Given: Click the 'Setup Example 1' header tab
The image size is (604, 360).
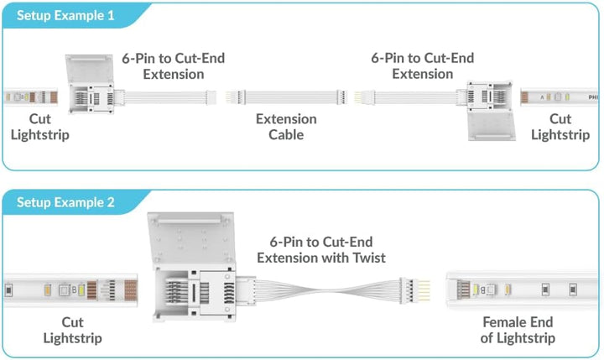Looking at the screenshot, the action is [65, 15].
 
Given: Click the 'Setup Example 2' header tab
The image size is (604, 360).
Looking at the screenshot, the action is [65, 202].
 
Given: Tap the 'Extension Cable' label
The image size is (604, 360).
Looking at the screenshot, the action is [286, 127].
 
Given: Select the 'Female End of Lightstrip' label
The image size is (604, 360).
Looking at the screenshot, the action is [518, 330].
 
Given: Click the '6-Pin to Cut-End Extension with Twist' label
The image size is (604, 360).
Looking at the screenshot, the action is [321, 250].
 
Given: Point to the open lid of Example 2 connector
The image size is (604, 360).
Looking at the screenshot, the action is [191, 240].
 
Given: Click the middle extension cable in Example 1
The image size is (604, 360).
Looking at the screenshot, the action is [286, 97].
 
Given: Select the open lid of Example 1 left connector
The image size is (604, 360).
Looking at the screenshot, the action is [90, 69].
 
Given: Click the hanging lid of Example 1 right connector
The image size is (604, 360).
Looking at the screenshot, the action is [492, 126].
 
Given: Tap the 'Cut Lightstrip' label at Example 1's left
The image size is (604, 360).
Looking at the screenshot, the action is [40, 127].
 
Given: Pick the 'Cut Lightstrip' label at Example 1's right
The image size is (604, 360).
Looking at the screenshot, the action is [560, 127].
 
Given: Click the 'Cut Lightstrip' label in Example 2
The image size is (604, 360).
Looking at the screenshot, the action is [72, 330].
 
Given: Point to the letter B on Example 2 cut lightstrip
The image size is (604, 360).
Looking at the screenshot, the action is [75, 290].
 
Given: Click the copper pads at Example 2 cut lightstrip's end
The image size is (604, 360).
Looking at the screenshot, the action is [131, 290].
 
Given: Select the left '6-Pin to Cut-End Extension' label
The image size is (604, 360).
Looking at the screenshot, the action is [174, 66].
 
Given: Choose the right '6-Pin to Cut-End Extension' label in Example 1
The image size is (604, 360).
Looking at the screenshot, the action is [423, 65].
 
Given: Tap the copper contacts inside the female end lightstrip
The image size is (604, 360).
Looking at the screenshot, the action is [463, 290].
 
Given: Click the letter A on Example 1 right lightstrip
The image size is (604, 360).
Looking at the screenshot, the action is [542, 97].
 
